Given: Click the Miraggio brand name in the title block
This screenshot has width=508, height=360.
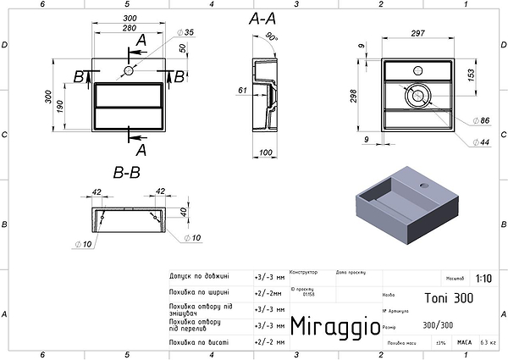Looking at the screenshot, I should tap(331, 325).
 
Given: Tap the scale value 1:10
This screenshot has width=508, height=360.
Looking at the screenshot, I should tap(483, 278).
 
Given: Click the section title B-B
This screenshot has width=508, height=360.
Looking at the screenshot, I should tap(126, 173).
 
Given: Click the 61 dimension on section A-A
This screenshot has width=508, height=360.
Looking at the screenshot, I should tap(242, 89).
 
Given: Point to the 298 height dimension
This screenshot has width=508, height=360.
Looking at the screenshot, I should tap(354, 96).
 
